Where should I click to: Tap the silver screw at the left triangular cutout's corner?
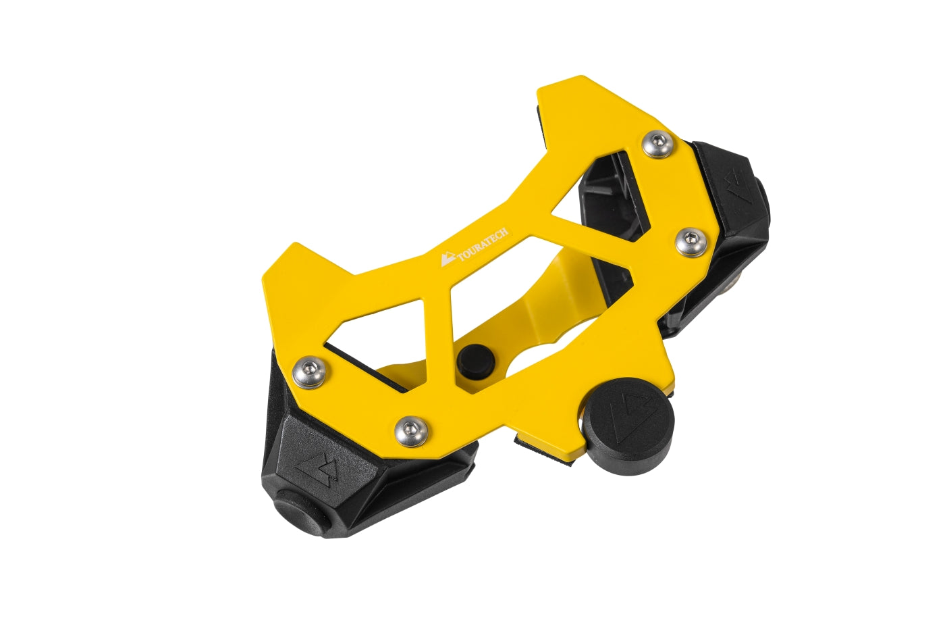[x=309, y=373]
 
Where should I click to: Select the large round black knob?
[x=628, y=426]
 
